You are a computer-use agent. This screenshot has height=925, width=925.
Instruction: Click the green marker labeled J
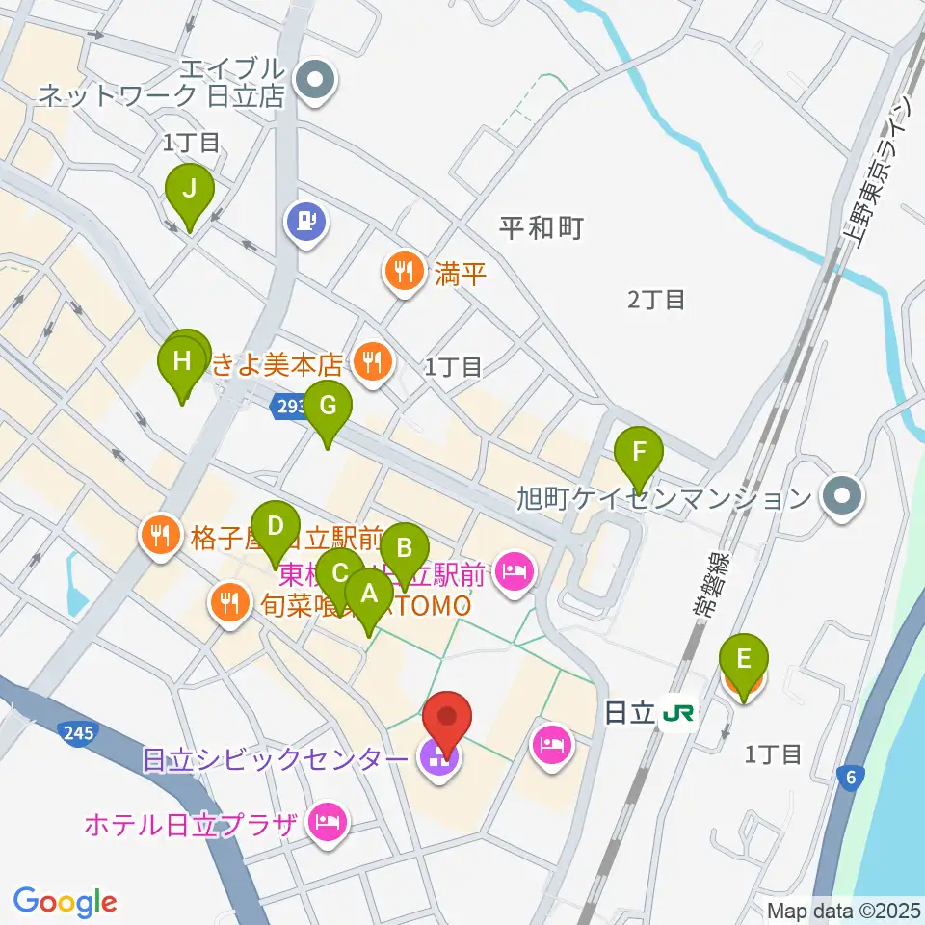(190, 190)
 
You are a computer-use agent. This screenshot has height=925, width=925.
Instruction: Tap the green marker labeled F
(639, 452)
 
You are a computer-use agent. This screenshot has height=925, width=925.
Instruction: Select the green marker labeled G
(328, 407)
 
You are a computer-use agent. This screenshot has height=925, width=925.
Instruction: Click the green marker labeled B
(405, 550)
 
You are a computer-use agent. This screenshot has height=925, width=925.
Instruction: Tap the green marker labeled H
(182, 363)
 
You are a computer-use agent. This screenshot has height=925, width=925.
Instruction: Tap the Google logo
(65, 902)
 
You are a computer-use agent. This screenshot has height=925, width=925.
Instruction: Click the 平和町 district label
(542, 228)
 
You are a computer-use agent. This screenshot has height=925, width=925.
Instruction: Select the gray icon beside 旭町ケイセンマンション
(840, 498)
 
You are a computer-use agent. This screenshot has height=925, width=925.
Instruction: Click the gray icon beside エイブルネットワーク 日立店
(313, 82)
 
